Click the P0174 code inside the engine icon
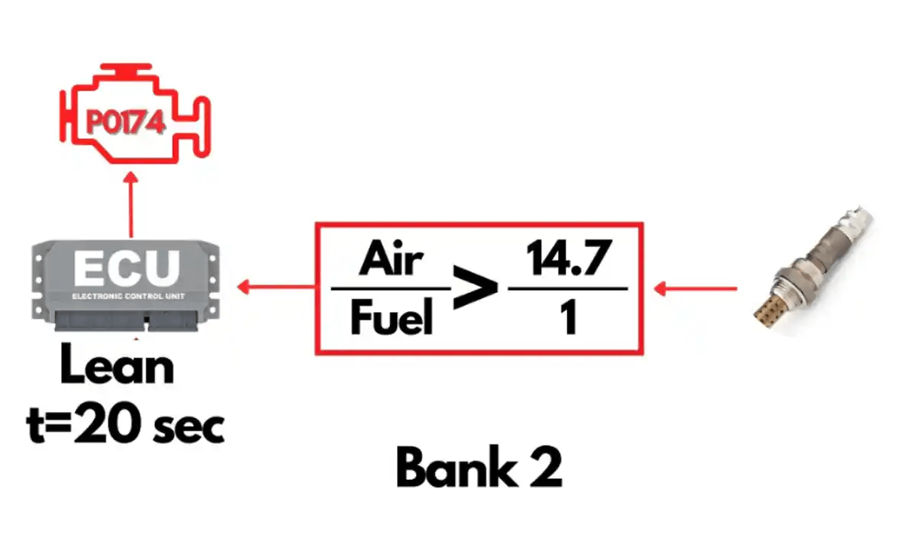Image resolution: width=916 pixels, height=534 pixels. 126,123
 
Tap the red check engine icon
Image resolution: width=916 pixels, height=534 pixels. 135,113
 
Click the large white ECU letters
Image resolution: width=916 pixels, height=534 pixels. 127,268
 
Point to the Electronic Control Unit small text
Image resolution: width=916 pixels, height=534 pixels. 128,296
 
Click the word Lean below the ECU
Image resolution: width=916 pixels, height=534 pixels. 117,365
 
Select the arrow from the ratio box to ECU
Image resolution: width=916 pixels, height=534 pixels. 276,287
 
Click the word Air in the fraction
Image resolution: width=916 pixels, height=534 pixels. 391,258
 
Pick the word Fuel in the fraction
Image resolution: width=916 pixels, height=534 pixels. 392,317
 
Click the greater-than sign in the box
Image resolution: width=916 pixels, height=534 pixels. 475,286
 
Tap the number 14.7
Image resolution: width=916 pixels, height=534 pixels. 569,258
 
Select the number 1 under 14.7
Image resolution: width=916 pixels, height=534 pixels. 569,317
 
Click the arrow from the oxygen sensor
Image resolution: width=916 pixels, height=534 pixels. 695,289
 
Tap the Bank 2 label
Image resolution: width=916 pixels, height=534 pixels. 479,467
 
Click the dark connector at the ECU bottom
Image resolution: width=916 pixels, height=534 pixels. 127,321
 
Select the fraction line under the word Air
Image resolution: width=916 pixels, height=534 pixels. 391,288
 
